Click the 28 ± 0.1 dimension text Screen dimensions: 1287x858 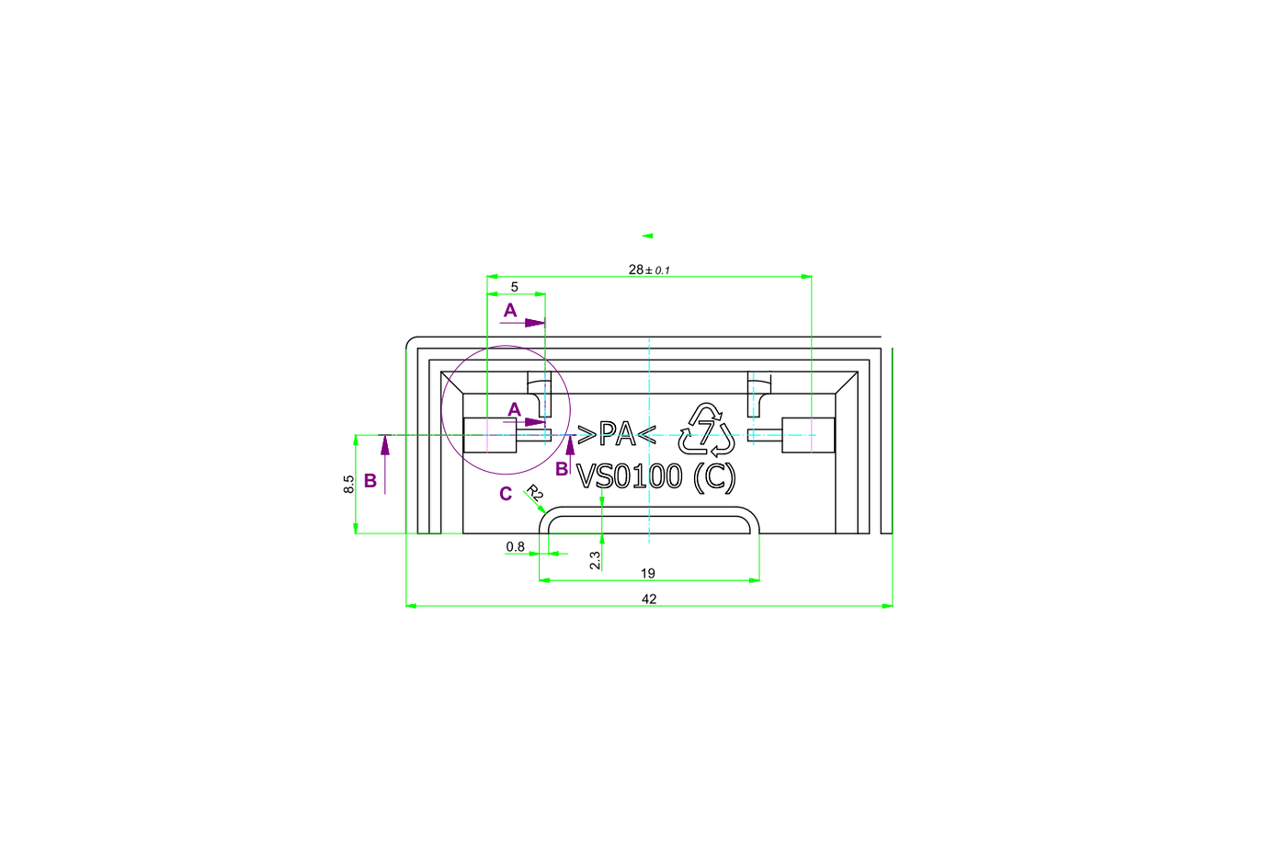(649, 269)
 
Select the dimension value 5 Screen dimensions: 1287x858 (514, 287)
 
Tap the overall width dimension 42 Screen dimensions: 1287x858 (649, 600)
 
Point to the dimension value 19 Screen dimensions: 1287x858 (647, 574)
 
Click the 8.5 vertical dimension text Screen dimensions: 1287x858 (348, 484)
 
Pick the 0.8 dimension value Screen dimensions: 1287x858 (516, 546)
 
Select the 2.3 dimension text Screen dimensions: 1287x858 (596, 560)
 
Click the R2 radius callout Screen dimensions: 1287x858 (535, 493)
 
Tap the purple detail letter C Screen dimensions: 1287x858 (506, 494)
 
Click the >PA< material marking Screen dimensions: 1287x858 (617, 434)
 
